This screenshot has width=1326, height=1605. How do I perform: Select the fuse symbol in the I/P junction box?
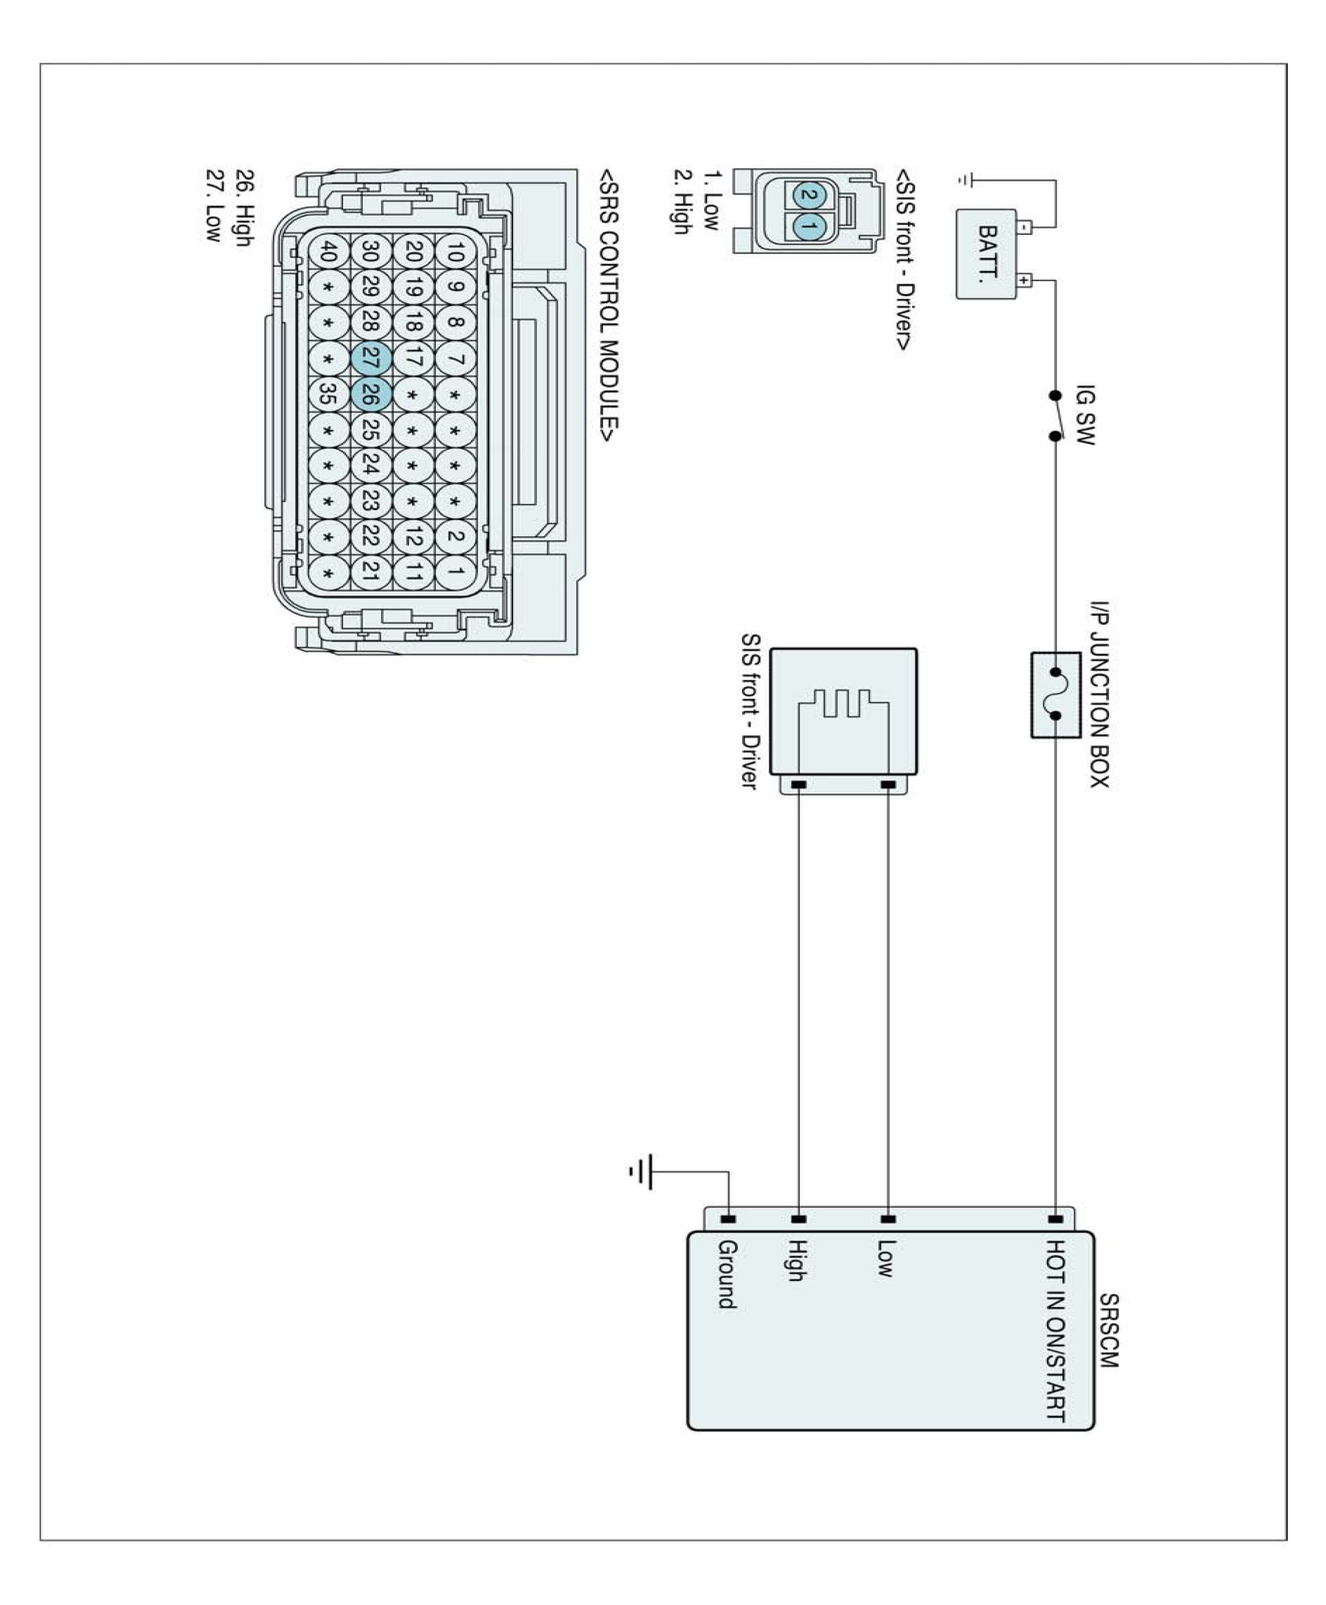coord(1055,694)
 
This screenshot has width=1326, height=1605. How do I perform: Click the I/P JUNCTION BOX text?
coord(1099,694)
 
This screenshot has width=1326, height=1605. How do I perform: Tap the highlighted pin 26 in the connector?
coord(371,394)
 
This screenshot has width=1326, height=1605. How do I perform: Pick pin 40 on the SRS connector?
coord(328,251)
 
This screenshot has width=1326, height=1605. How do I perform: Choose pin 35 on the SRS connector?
coord(328,394)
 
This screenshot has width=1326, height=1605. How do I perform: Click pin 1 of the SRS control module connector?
coord(455,571)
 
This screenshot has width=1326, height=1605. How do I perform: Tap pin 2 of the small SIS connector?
coord(806,196)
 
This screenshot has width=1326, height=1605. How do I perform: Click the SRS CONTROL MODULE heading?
coord(609,306)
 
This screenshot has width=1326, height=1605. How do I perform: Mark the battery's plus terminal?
coord(1025,280)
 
